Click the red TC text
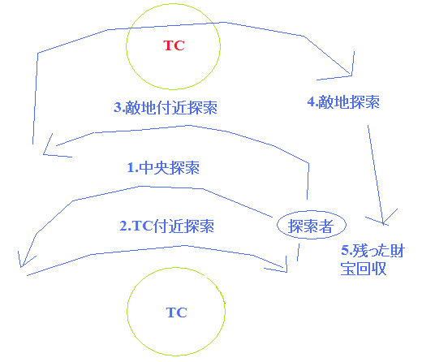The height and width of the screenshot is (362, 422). (x=174, y=45)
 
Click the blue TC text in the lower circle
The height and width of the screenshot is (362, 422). (x=177, y=312)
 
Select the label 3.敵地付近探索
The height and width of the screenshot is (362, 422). (x=166, y=108)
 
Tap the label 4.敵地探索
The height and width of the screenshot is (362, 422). (x=343, y=102)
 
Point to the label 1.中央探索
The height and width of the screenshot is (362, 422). (x=163, y=168)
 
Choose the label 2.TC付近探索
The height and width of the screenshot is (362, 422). (x=167, y=226)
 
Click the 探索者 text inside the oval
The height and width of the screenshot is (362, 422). (x=311, y=226)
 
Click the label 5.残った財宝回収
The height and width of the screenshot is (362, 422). (x=372, y=260)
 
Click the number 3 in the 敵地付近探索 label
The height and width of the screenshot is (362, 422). (x=118, y=108)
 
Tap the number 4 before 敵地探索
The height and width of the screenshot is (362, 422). (x=312, y=102)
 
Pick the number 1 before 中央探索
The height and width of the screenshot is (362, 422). (x=131, y=168)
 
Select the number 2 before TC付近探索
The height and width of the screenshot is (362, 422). (x=124, y=226)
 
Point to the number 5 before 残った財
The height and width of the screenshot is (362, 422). (x=346, y=251)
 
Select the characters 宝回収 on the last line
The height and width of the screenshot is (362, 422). (x=364, y=269)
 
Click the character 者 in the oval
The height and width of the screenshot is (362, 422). (x=326, y=226)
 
